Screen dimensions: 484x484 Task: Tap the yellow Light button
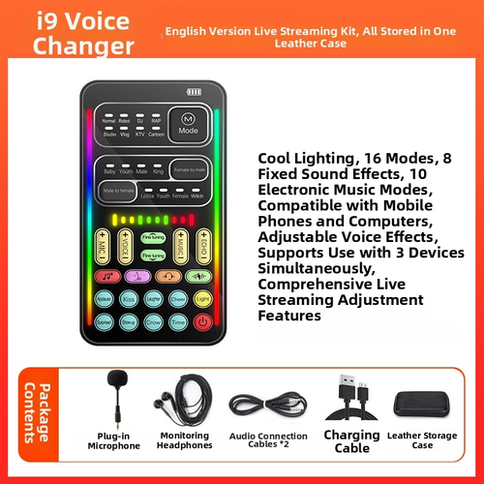(x=202, y=297)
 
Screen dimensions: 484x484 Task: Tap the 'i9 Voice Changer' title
(x=71, y=31)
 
